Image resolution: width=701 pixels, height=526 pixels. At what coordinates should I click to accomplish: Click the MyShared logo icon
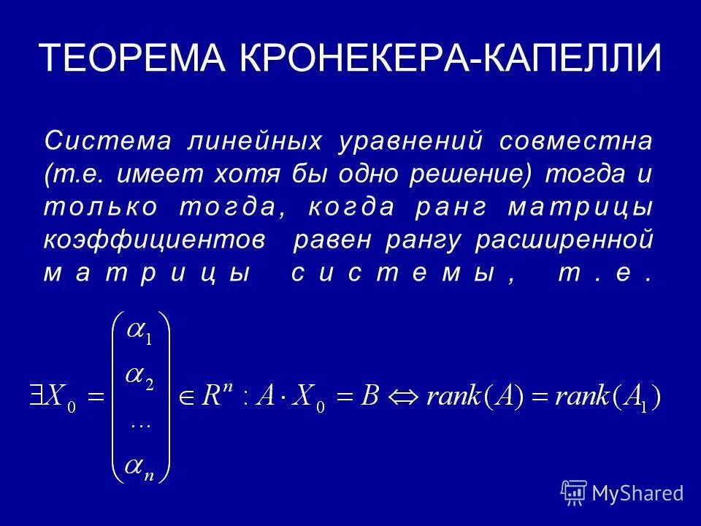574,492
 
